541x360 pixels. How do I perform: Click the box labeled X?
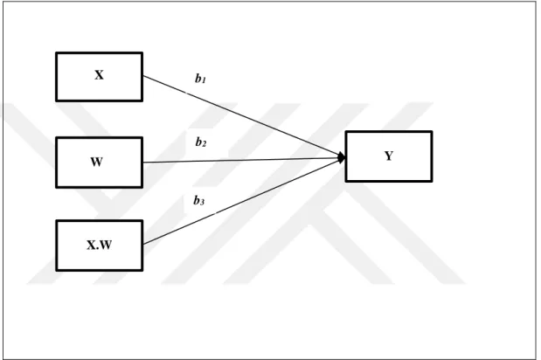pos(99,77)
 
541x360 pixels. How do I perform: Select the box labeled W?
pos(99,163)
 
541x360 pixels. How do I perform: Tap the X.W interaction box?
pos(99,246)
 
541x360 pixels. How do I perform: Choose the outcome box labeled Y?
pos(389,156)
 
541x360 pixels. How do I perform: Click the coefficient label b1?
pos(200,79)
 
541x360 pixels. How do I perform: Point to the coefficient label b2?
pos(201,142)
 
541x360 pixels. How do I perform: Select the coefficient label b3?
pos(198,200)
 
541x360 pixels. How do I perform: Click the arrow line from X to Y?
pos(244,116)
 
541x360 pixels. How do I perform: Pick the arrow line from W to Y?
pos(244,161)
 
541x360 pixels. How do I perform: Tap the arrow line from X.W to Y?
pos(244,201)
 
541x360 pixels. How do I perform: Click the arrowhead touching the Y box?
pos(342,158)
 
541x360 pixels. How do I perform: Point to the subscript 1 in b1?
pos(204,80)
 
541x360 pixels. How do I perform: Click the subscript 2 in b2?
pos(204,144)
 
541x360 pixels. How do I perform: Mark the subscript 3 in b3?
pos(202,202)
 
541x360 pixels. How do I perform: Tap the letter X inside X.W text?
pos(91,245)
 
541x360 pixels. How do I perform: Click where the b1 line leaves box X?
pos(142,75)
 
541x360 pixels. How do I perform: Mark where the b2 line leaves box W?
pos(142,163)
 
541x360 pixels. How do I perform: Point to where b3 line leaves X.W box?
pos(142,245)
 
